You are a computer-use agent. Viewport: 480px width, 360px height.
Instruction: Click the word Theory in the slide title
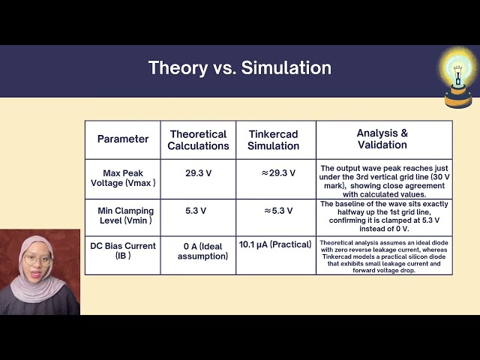pyautogui.click(x=178, y=68)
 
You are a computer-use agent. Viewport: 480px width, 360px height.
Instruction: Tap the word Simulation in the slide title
pyautogui.click(x=286, y=67)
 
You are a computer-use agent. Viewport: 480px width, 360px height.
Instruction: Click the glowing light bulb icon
pyautogui.click(x=458, y=77)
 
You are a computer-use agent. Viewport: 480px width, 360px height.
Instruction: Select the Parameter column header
pyautogui.click(x=123, y=139)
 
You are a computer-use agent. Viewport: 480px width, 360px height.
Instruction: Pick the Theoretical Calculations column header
pyautogui.click(x=198, y=140)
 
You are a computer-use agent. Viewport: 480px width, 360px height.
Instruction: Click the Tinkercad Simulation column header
pyautogui.click(x=273, y=140)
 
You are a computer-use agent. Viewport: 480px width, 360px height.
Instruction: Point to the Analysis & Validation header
pyautogui.click(x=382, y=139)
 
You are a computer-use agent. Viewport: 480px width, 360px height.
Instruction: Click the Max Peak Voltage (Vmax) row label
pyautogui.click(x=123, y=178)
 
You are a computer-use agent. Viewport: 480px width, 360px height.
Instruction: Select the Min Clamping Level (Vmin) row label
pyautogui.click(x=125, y=215)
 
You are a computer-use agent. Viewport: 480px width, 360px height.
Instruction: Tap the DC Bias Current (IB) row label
pyautogui.click(x=123, y=250)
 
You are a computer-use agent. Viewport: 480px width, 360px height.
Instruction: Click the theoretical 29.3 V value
pyautogui.click(x=198, y=173)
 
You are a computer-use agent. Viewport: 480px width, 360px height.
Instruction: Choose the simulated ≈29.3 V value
pyautogui.click(x=278, y=173)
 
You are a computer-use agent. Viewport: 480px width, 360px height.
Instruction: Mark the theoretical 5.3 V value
pyautogui.click(x=196, y=211)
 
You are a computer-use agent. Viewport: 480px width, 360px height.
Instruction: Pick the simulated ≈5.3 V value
pyautogui.click(x=278, y=211)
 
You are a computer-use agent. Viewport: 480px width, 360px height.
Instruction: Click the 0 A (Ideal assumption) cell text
pyautogui.click(x=202, y=251)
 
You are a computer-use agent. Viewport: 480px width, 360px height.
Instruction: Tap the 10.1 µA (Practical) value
pyautogui.click(x=275, y=244)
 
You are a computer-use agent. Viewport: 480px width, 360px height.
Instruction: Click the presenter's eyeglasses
pyautogui.click(x=37, y=260)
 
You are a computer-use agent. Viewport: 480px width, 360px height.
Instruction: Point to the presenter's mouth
pyautogui.click(x=35, y=274)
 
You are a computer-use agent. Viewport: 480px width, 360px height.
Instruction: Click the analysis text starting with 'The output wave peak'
pyautogui.click(x=384, y=181)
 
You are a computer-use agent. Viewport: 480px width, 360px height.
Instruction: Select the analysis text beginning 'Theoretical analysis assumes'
pyautogui.click(x=384, y=256)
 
